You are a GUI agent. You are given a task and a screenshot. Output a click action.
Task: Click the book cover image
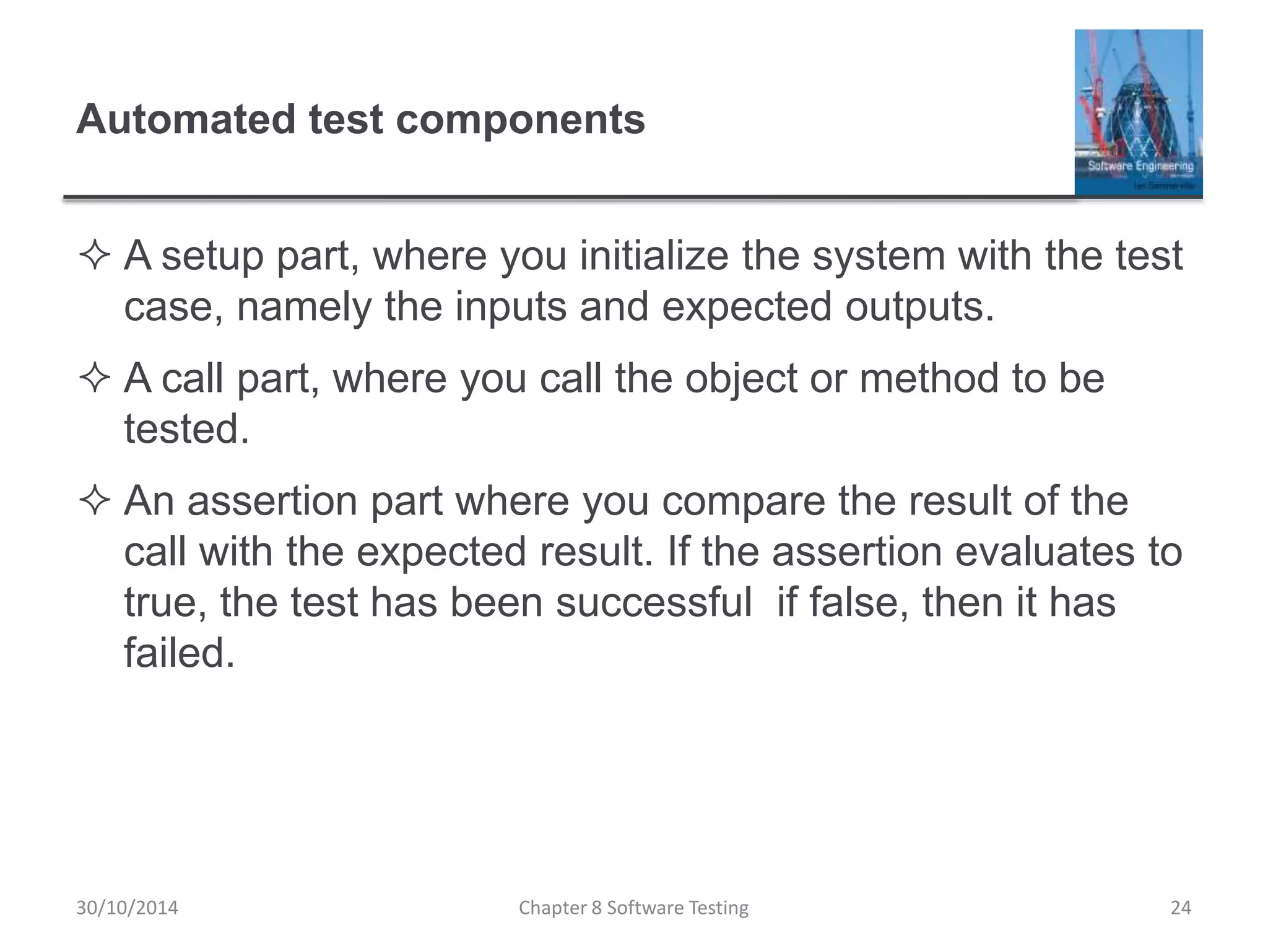[x=1138, y=113]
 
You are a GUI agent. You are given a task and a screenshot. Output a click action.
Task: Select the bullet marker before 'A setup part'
[x=95, y=256]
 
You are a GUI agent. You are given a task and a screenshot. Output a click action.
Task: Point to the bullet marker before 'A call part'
[x=95, y=379]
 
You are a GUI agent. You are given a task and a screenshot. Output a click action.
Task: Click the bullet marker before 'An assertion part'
[x=95, y=501]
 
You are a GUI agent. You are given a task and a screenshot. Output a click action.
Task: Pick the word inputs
[x=511, y=308]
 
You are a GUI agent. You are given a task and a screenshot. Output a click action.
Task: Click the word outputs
[x=919, y=308]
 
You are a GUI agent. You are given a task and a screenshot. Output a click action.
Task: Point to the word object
[x=740, y=379]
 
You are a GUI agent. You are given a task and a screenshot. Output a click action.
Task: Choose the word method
[x=929, y=378]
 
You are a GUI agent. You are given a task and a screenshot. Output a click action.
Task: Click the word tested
[x=186, y=428]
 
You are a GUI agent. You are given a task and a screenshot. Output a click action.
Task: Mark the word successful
[x=654, y=602]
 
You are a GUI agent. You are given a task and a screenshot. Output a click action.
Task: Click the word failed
[x=180, y=653]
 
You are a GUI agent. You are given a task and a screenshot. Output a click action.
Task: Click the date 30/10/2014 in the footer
[x=127, y=908]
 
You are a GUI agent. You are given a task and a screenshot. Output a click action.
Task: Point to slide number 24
[x=1181, y=908]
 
